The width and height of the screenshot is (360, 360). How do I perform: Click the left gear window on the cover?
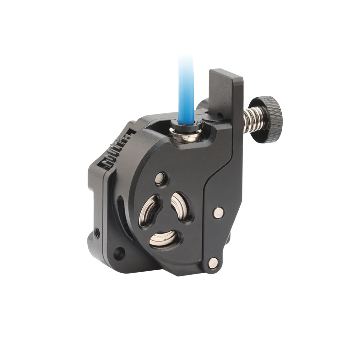tap(149, 212)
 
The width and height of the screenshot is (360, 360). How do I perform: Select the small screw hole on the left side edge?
tap(98, 231)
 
